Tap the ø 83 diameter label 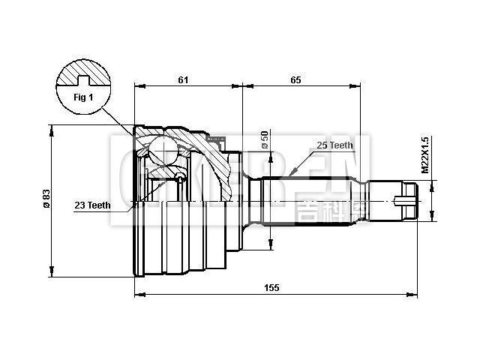coord(46,198)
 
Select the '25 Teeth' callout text coord(334,145)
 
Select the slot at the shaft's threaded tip coord(406,200)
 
